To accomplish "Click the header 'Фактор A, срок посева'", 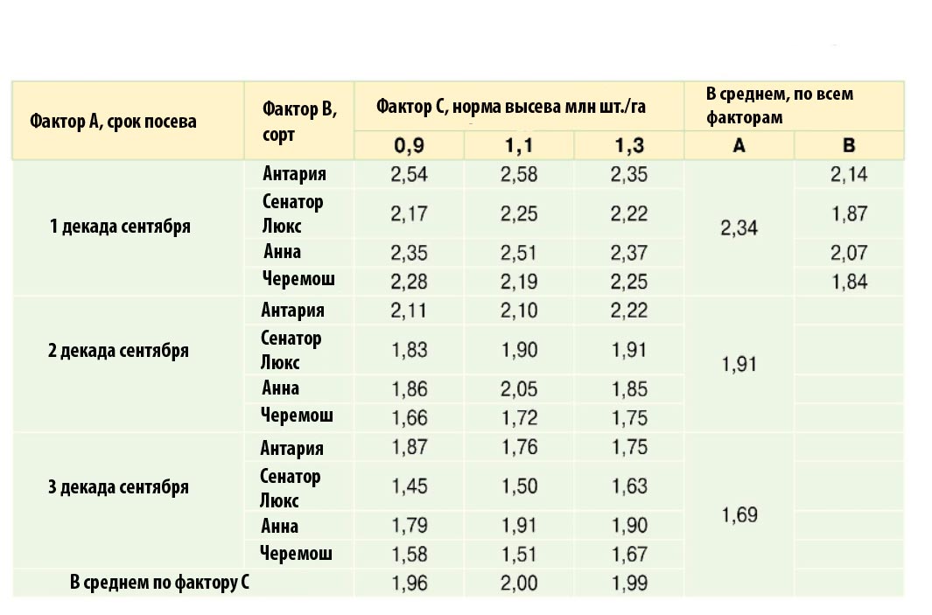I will (x=113, y=121).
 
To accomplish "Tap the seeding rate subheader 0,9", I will (x=410, y=146).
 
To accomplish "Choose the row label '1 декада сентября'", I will (x=120, y=227).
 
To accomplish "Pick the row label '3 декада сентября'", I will (x=118, y=486).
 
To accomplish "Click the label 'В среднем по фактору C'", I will (x=159, y=583).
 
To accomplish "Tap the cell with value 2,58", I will (x=519, y=174).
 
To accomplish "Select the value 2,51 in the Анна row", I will (x=519, y=253).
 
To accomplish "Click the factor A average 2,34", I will (x=739, y=228).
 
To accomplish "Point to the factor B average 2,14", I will (x=849, y=174).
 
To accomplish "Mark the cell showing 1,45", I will (x=410, y=486).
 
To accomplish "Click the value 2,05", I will (x=519, y=388).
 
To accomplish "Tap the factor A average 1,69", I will (x=739, y=514).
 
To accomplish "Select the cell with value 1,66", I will (x=410, y=416).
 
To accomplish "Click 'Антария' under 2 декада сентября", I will (x=292, y=311).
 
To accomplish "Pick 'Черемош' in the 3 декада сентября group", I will (x=297, y=553).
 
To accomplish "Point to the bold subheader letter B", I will (x=849, y=146).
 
